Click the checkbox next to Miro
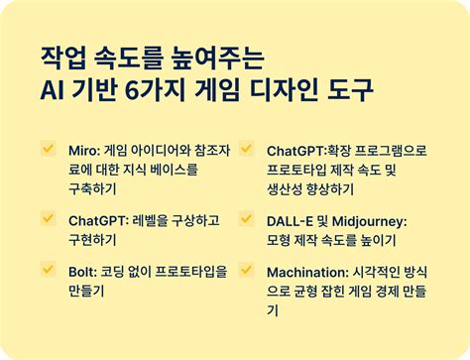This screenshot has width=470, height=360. pyautogui.click(x=47, y=148)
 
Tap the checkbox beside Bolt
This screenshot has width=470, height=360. pyautogui.click(x=47, y=268)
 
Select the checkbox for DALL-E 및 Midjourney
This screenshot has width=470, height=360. pyautogui.click(x=245, y=217)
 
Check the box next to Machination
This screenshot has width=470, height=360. pyautogui.click(x=245, y=268)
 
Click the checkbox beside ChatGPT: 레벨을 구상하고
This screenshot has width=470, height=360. pyautogui.click(x=47, y=217)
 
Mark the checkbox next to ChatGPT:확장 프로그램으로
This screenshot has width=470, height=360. pyautogui.click(x=245, y=148)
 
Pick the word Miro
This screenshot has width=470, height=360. pyautogui.click(x=84, y=151)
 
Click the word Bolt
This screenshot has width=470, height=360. pyautogui.click(x=84, y=271)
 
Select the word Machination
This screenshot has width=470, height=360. pyautogui.click(x=308, y=271)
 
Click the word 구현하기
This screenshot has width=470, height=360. pyautogui.click(x=92, y=239)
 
